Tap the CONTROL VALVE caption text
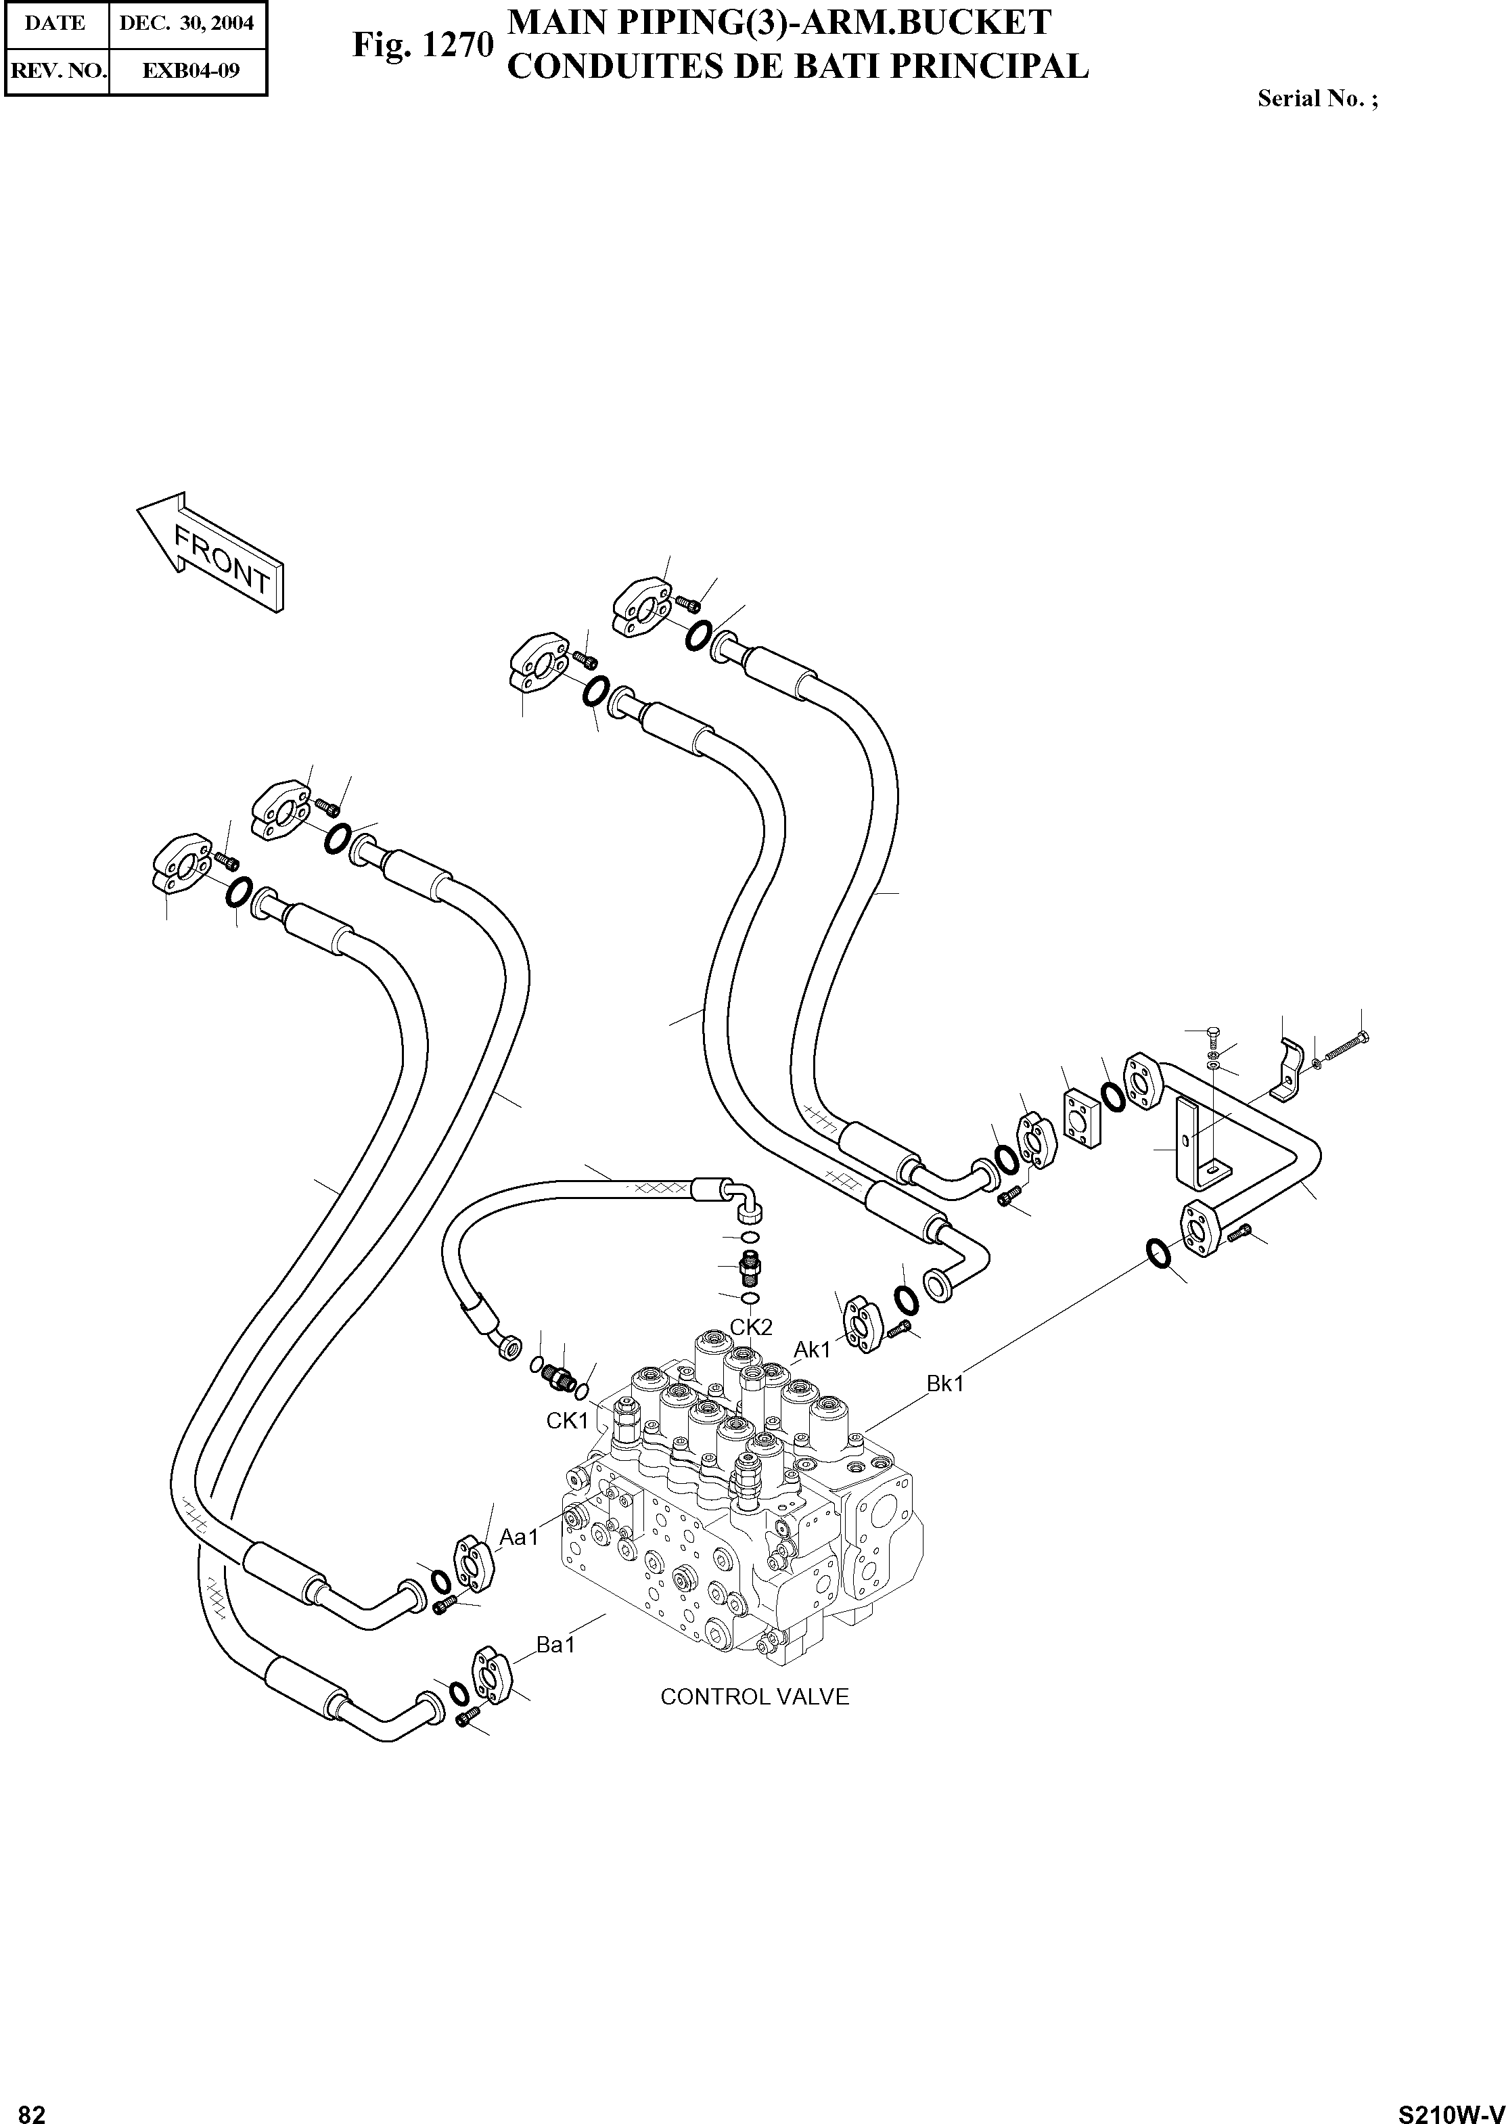(x=754, y=1696)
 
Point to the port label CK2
(x=751, y=1328)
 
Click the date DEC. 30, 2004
(x=187, y=23)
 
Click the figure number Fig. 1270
(x=422, y=45)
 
